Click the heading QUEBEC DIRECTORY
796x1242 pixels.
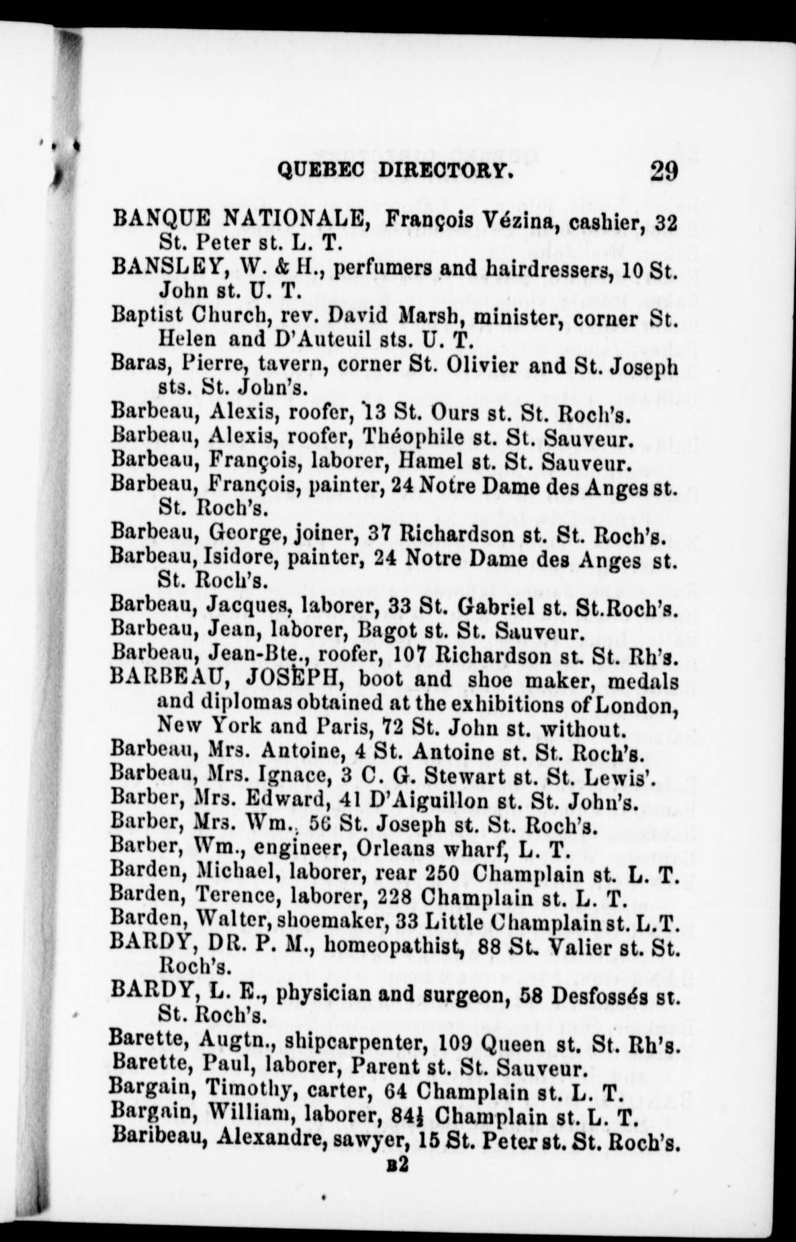(x=395, y=171)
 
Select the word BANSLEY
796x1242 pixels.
(x=163, y=268)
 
